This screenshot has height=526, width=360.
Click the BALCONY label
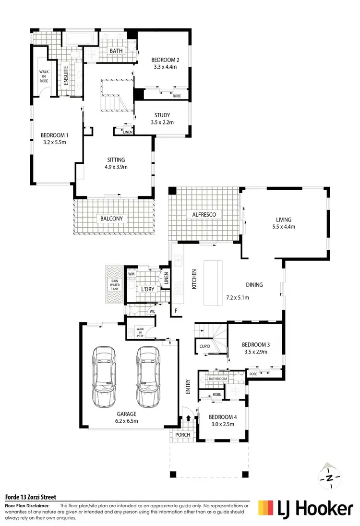coord(112,219)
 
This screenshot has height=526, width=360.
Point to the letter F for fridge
coord(176,311)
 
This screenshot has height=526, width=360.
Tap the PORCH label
coord(183,435)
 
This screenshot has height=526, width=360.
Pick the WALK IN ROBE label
coord(44,76)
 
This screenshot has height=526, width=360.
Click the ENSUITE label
coord(66,76)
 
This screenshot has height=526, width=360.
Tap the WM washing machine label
coord(131,274)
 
